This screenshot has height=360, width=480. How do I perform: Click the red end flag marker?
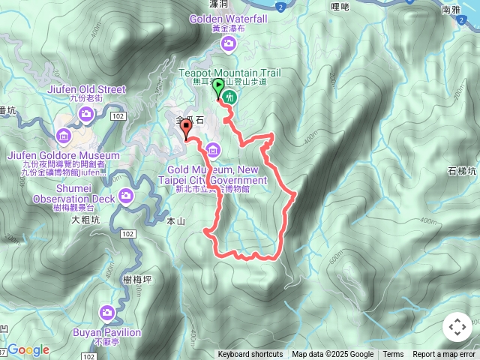point(185,130)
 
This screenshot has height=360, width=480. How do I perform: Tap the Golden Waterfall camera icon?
point(229,45)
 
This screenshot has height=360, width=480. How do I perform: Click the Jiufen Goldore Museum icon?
point(62,136)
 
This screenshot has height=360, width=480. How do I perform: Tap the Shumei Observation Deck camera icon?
point(125,197)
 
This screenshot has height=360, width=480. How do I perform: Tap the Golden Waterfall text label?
point(228,19)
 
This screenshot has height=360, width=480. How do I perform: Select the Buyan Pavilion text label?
point(108,332)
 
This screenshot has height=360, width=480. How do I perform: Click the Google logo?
point(28,349)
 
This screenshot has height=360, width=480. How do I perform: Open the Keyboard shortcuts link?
point(250,355)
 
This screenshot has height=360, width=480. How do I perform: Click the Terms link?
point(393,355)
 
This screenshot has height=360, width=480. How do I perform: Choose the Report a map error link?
point(445,355)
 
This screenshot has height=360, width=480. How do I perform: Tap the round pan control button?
point(457,328)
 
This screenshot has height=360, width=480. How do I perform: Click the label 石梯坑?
point(461,170)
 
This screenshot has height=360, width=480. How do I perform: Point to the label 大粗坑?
point(85,220)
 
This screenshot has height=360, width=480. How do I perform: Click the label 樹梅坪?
point(136,279)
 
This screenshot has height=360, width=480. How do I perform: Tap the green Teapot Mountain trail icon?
point(229,96)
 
